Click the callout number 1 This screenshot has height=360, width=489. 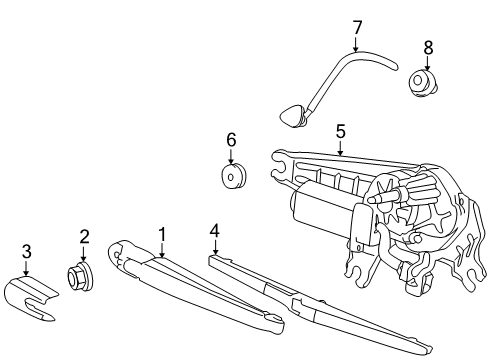[161, 234]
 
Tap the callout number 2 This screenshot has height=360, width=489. [85, 237]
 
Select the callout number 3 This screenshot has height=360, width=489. [27, 250]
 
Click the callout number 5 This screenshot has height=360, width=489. [340, 130]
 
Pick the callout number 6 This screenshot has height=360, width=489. [231, 140]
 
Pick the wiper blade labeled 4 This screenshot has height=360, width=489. [300, 300]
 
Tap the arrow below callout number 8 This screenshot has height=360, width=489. [429, 62]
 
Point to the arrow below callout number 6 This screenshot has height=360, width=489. [231, 155]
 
